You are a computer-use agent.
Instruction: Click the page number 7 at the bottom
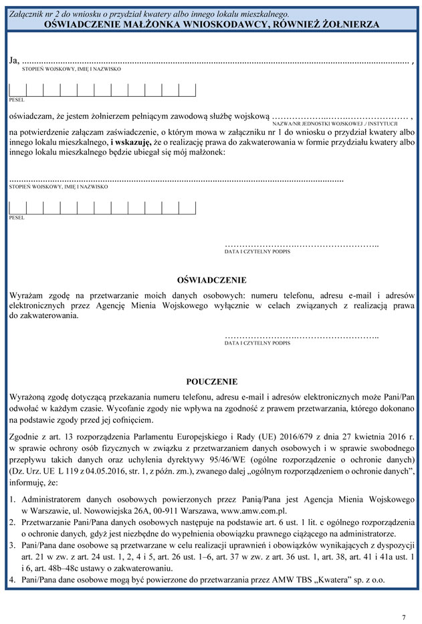(x=404, y=617)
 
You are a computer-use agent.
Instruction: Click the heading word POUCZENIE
(x=211, y=382)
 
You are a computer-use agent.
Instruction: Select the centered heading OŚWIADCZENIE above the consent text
(x=211, y=280)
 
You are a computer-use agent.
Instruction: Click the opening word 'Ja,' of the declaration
(x=15, y=61)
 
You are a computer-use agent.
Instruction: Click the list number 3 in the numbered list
(x=13, y=545)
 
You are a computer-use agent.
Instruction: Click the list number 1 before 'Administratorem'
(x=13, y=499)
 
